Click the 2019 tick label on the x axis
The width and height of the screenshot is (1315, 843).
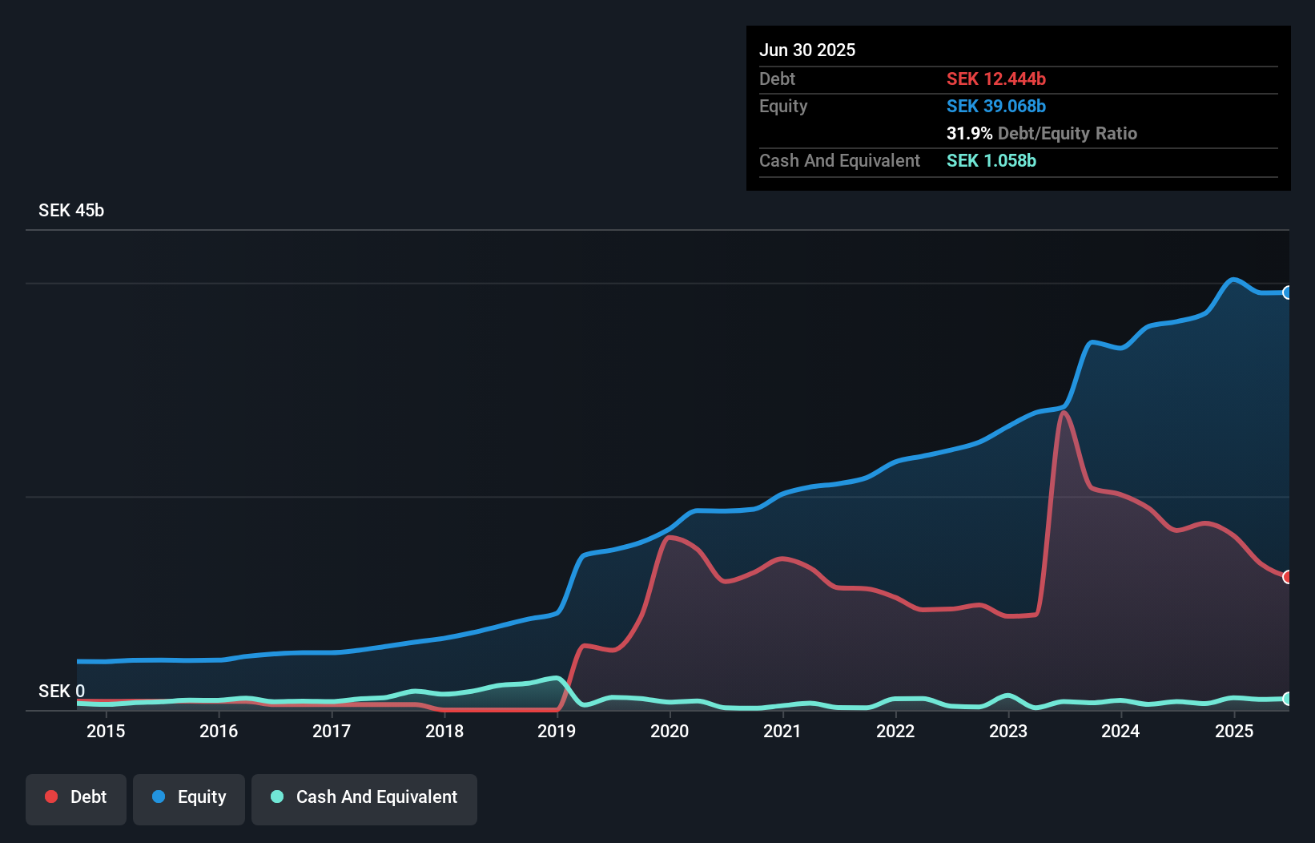(557, 731)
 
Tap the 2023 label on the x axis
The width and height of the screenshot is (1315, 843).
(1008, 731)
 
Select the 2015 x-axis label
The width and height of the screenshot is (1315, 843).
(106, 731)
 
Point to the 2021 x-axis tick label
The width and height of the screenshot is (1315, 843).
(782, 731)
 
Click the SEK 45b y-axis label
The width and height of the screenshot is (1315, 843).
(71, 210)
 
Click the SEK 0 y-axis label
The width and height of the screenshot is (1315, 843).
(62, 691)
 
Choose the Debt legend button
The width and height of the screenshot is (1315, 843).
(76, 797)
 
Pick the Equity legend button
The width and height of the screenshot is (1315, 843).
(189, 797)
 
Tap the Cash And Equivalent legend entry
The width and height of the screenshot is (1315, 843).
(364, 797)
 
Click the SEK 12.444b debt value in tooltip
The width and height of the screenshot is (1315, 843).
(995, 79)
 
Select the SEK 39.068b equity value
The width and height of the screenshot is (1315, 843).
(995, 106)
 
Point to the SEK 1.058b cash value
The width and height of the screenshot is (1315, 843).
(991, 160)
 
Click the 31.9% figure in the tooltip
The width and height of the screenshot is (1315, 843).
(969, 133)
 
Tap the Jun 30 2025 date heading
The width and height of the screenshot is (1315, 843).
(806, 50)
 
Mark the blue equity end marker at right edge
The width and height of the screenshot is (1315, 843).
(1287, 292)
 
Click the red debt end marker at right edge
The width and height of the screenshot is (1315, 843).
(1287, 577)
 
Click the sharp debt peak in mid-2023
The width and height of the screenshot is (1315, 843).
(1063, 413)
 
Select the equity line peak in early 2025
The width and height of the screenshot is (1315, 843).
(1233, 280)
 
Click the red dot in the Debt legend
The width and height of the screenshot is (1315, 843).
(51, 797)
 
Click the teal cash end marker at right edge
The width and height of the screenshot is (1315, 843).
(1287, 699)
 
